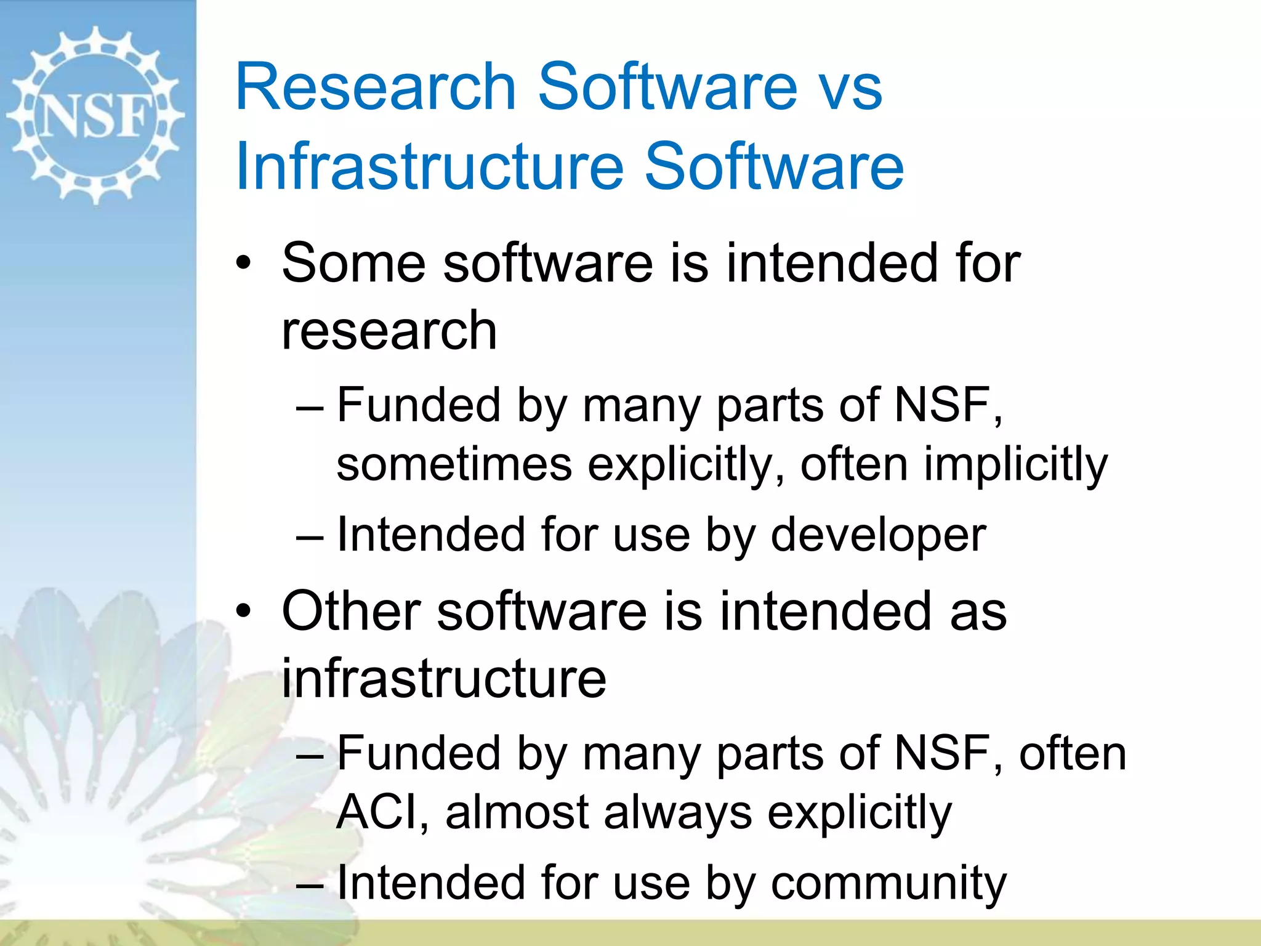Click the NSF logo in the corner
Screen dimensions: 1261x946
(x=95, y=115)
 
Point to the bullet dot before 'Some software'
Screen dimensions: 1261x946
(x=244, y=264)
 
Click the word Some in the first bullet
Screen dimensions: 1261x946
(x=353, y=263)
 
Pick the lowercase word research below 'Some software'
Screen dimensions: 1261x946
(x=389, y=331)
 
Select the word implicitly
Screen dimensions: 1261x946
(x=1016, y=465)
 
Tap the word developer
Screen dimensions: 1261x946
(x=878, y=535)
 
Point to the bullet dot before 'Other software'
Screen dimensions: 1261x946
(x=244, y=612)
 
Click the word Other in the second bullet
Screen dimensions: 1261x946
(x=350, y=610)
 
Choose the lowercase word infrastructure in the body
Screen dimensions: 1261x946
(x=443, y=678)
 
